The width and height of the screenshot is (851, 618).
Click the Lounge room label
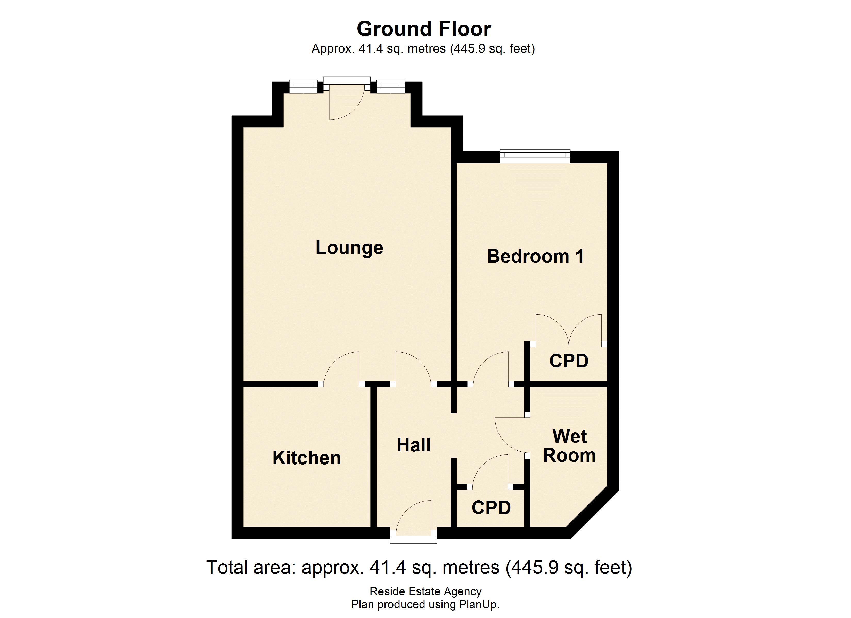pos(349,248)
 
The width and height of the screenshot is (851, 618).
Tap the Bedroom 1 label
pos(535,257)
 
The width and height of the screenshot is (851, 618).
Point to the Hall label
pos(413,445)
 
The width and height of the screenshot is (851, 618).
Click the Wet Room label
pos(569,446)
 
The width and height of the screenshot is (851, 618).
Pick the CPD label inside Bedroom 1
pos(568,361)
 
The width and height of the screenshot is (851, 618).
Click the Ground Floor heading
pos(424,29)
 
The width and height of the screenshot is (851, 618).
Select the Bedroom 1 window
pos(535,156)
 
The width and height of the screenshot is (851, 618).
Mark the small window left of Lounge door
pos(303,87)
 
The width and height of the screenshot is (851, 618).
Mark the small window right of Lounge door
pos(390,87)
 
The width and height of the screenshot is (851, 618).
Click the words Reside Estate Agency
pos(425,591)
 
